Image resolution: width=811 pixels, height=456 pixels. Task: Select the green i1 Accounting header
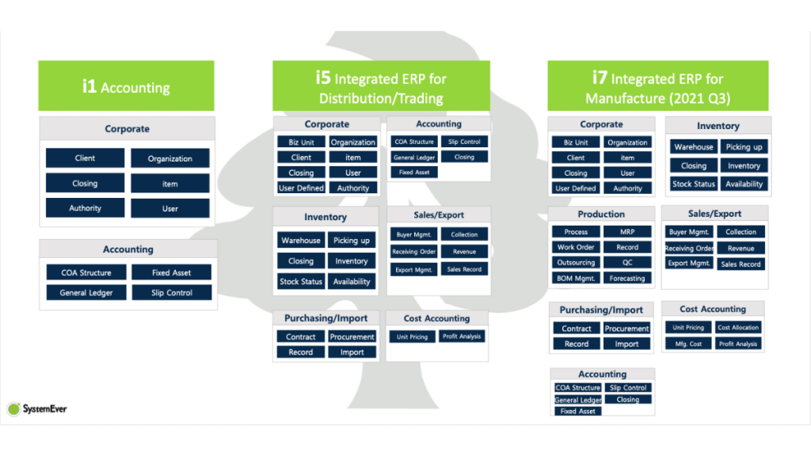click(x=126, y=85)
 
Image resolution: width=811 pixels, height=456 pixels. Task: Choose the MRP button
click(x=627, y=232)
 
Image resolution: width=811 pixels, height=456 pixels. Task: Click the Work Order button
click(x=576, y=247)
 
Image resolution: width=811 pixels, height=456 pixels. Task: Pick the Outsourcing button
click(x=576, y=263)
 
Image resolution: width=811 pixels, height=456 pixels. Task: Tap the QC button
click(x=627, y=263)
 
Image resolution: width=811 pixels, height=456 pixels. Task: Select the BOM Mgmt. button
click(x=576, y=279)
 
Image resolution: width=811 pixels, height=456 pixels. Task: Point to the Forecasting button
click(x=627, y=279)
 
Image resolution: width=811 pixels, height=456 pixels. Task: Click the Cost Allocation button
click(x=738, y=328)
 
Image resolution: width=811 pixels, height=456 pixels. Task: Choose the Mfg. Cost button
click(x=688, y=344)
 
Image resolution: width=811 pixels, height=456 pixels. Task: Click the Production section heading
click(x=601, y=214)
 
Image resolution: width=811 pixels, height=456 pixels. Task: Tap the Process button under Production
click(x=576, y=232)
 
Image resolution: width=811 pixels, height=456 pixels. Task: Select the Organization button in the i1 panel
click(x=169, y=158)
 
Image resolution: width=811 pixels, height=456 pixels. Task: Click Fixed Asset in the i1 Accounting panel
click(x=171, y=272)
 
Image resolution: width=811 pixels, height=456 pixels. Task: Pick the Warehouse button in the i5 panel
click(x=301, y=240)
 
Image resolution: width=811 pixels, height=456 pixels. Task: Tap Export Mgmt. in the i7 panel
click(x=688, y=264)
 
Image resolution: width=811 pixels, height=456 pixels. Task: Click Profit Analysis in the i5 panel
click(x=461, y=336)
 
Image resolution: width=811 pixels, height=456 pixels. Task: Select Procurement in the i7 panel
click(x=626, y=329)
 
